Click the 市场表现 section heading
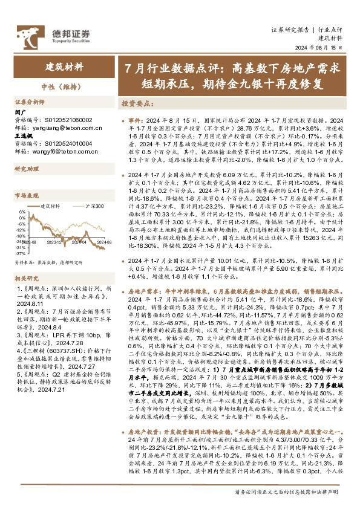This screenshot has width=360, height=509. point(26,195)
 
